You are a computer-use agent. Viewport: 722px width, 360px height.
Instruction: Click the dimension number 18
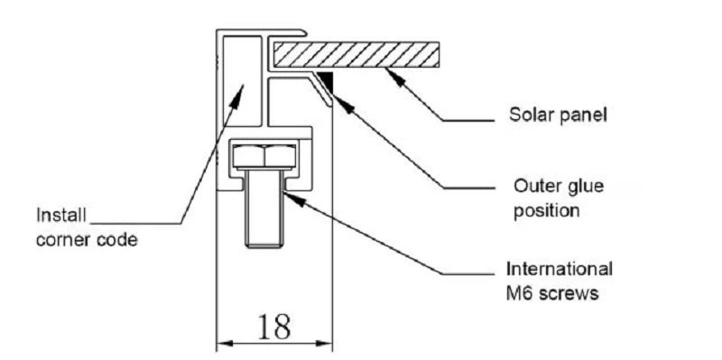click(x=273, y=327)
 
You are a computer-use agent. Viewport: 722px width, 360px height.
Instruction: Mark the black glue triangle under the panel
click(x=326, y=82)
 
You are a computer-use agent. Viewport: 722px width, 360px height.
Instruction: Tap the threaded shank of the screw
click(x=265, y=212)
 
